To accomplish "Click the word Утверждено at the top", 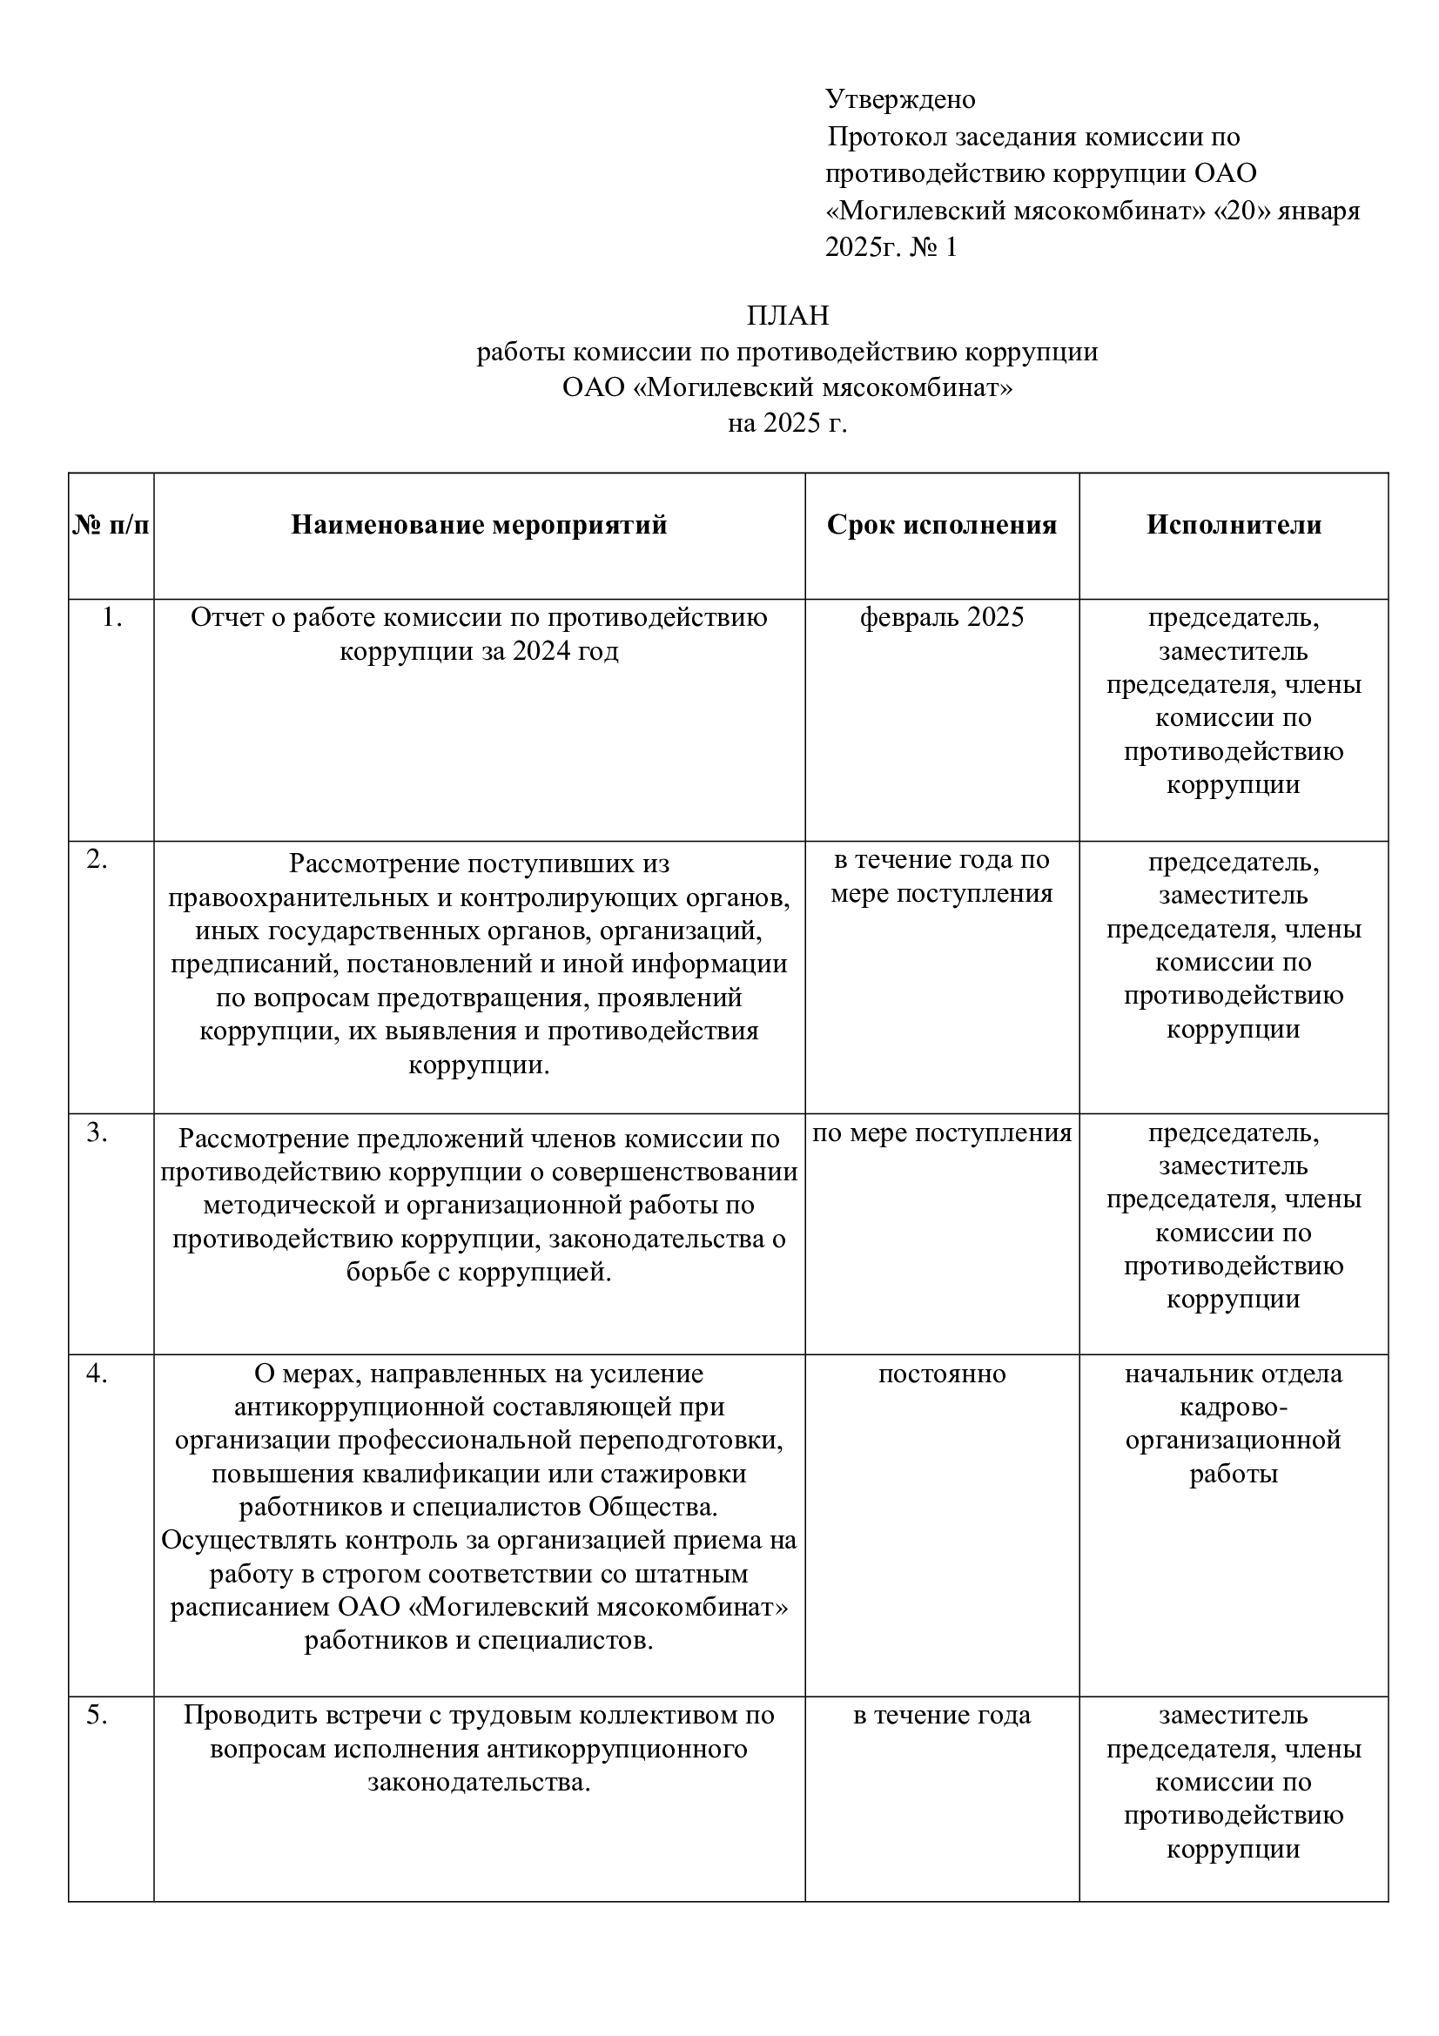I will click(900, 99).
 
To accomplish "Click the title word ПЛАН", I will click(787, 316).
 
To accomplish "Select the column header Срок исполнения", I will click(942, 525).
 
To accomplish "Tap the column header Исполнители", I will click(1234, 525).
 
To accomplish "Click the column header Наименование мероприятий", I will click(479, 525).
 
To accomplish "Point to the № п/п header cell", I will click(111, 525).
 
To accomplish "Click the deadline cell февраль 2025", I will click(942, 617).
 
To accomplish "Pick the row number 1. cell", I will click(111, 617).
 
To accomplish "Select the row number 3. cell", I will click(98, 1133).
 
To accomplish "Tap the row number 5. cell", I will click(98, 1716).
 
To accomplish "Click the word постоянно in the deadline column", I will click(942, 1374).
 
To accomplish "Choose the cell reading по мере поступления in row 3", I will click(942, 1133).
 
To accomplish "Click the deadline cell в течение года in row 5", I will click(942, 1716).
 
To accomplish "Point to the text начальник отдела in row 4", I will click(1234, 1374).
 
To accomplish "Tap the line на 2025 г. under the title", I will click(787, 424).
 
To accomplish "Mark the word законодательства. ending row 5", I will click(479, 1783).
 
